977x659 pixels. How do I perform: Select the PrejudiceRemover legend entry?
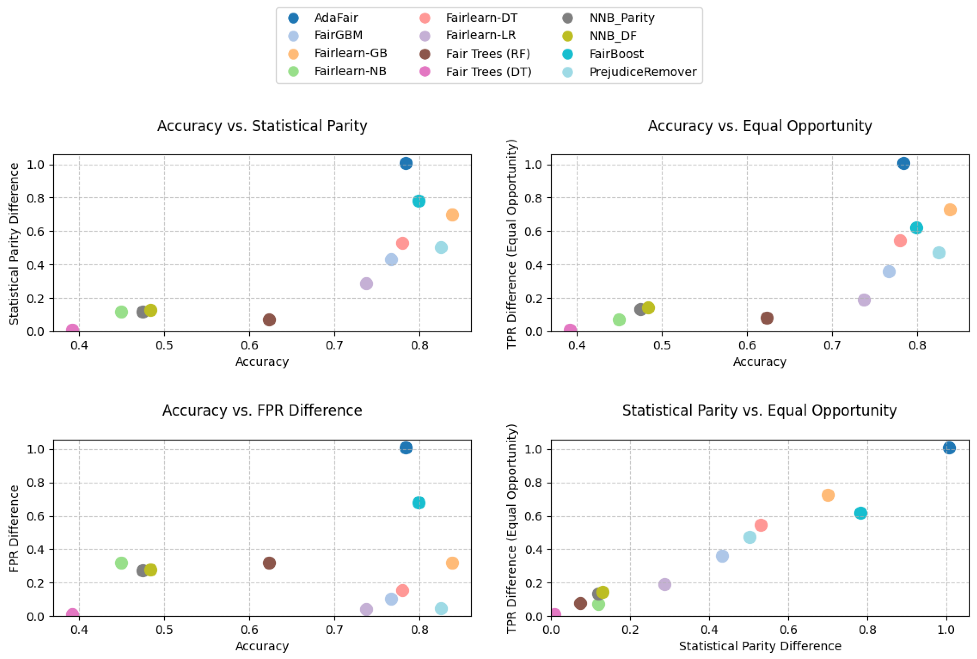pyautogui.click(x=642, y=72)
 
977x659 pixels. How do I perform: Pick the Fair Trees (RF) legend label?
pyautogui.click(x=488, y=54)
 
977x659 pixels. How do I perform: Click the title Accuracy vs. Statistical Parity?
pyautogui.click(x=262, y=126)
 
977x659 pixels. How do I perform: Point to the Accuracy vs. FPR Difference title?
pyautogui.click(x=262, y=410)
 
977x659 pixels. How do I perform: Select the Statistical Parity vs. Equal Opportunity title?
pyautogui.click(x=759, y=410)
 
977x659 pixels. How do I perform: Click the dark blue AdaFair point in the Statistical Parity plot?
pyautogui.click(x=406, y=164)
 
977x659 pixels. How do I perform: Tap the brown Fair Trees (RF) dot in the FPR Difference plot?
pyautogui.click(x=269, y=563)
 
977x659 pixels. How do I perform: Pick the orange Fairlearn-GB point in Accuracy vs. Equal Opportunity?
pyautogui.click(x=950, y=210)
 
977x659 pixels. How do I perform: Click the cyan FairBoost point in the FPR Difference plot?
pyautogui.click(x=419, y=503)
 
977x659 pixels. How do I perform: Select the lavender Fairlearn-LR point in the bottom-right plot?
pyautogui.click(x=664, y=584)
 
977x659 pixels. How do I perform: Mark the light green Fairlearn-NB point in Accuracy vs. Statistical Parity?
pyautogui.click(x=121, y=312)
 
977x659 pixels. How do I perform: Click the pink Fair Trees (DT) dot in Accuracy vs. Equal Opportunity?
pyautogui.click(x=570, y=330)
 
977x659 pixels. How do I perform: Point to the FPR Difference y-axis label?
pyautogui.click(x=14, y=529)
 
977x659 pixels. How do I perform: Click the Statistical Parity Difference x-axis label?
pyautogui.click(x=760, y=646)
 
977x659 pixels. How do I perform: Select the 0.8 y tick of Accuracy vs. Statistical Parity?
pyautogui.click(x=35, y=198)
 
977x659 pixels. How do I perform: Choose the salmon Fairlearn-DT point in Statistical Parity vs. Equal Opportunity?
pyautogui.click(x=761, y=525)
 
